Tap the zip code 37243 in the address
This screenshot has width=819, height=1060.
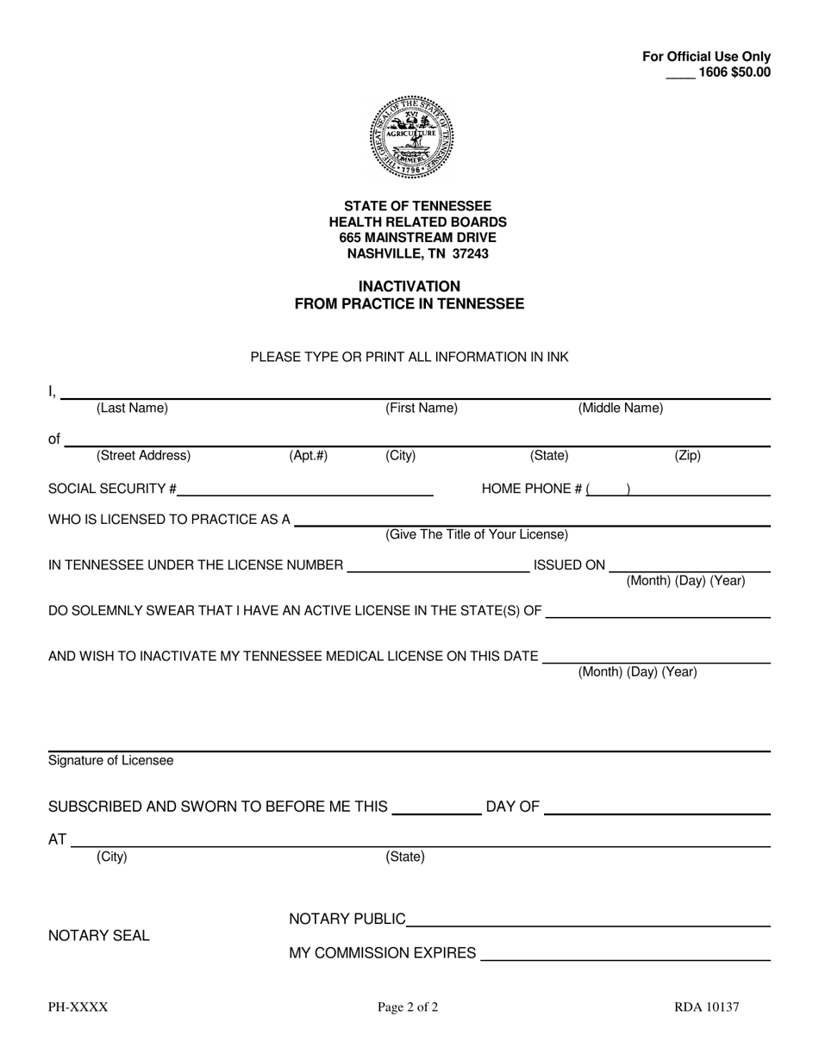coord(471,253)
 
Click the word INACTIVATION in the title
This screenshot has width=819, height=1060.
coord(409,286)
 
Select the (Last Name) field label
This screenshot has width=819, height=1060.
coord(132,408)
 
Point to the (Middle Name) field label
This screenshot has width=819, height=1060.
coord(620,408)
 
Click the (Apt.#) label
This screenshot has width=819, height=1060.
coord(308,456)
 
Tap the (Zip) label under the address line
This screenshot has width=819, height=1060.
coord(687,456)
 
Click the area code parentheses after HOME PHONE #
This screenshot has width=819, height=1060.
coord(608,489)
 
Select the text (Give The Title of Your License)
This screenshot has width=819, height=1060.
coord(477,535)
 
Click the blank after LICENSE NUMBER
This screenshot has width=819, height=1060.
coord(437,565)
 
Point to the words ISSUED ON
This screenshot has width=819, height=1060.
coord(569,565)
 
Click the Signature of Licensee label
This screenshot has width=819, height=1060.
coord(110,761)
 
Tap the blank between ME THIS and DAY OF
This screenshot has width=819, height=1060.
coord(436,807)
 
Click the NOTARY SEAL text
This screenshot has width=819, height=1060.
coord(98,936)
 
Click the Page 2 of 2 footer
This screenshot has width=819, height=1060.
coord(408,1007)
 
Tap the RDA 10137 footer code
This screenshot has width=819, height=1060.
coord(706,1007)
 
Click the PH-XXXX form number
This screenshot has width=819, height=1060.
coord(78,1007)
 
